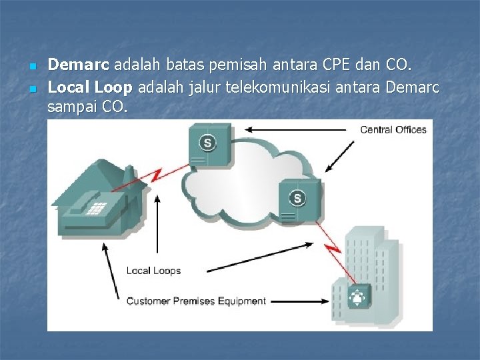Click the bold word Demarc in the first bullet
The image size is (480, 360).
(x=79, y=65)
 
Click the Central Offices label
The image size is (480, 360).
(x=393, y=129)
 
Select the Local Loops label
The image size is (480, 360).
(x=153, y=271)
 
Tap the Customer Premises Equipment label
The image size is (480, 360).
(x=196, y=301)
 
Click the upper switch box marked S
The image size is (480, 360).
(x=209, y=144)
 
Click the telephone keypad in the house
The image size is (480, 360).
(x=97, y=207)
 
